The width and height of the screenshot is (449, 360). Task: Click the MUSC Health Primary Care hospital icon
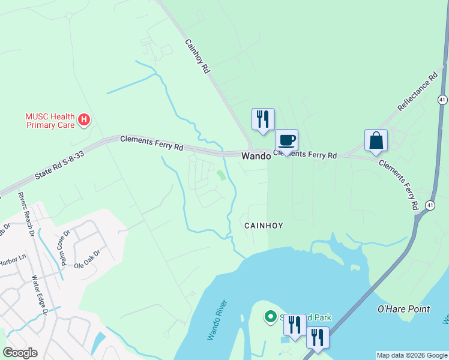point(85,120)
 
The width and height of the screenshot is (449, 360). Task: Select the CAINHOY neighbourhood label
point(263,225)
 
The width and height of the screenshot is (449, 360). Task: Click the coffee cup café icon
point(286,140)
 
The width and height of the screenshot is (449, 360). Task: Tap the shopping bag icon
point(376,141)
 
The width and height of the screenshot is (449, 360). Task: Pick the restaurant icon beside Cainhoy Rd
point(263,119)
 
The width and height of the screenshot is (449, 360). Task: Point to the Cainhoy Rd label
point(197,56)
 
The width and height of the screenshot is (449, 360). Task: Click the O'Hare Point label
point(403,309)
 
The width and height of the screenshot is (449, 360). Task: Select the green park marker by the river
point(270,316)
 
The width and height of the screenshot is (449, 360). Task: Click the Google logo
point(20,353)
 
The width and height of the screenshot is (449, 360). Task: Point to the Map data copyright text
point(412,355)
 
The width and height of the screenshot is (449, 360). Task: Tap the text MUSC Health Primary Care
point(50,121)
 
